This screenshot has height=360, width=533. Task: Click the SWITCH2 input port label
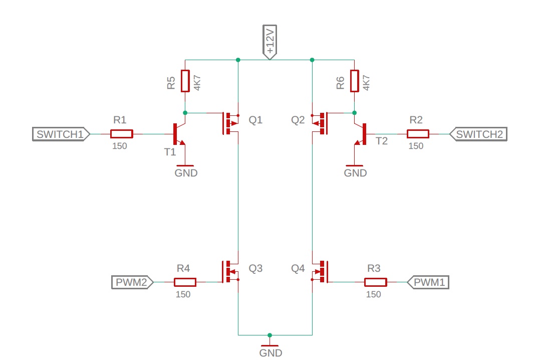478,134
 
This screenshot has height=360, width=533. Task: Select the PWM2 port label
133,282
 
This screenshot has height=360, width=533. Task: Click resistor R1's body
121,134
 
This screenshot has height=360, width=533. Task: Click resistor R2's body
418,134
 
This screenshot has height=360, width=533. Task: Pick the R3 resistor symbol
375,282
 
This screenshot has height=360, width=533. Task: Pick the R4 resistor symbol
185,282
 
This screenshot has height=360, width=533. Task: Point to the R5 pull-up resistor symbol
185,81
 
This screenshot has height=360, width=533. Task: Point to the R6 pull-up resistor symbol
355,81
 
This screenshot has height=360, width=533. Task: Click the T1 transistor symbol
178,134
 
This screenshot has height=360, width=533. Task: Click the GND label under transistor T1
186,173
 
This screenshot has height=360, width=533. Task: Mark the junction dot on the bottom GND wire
270,335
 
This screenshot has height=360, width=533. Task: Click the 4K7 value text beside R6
366,81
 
